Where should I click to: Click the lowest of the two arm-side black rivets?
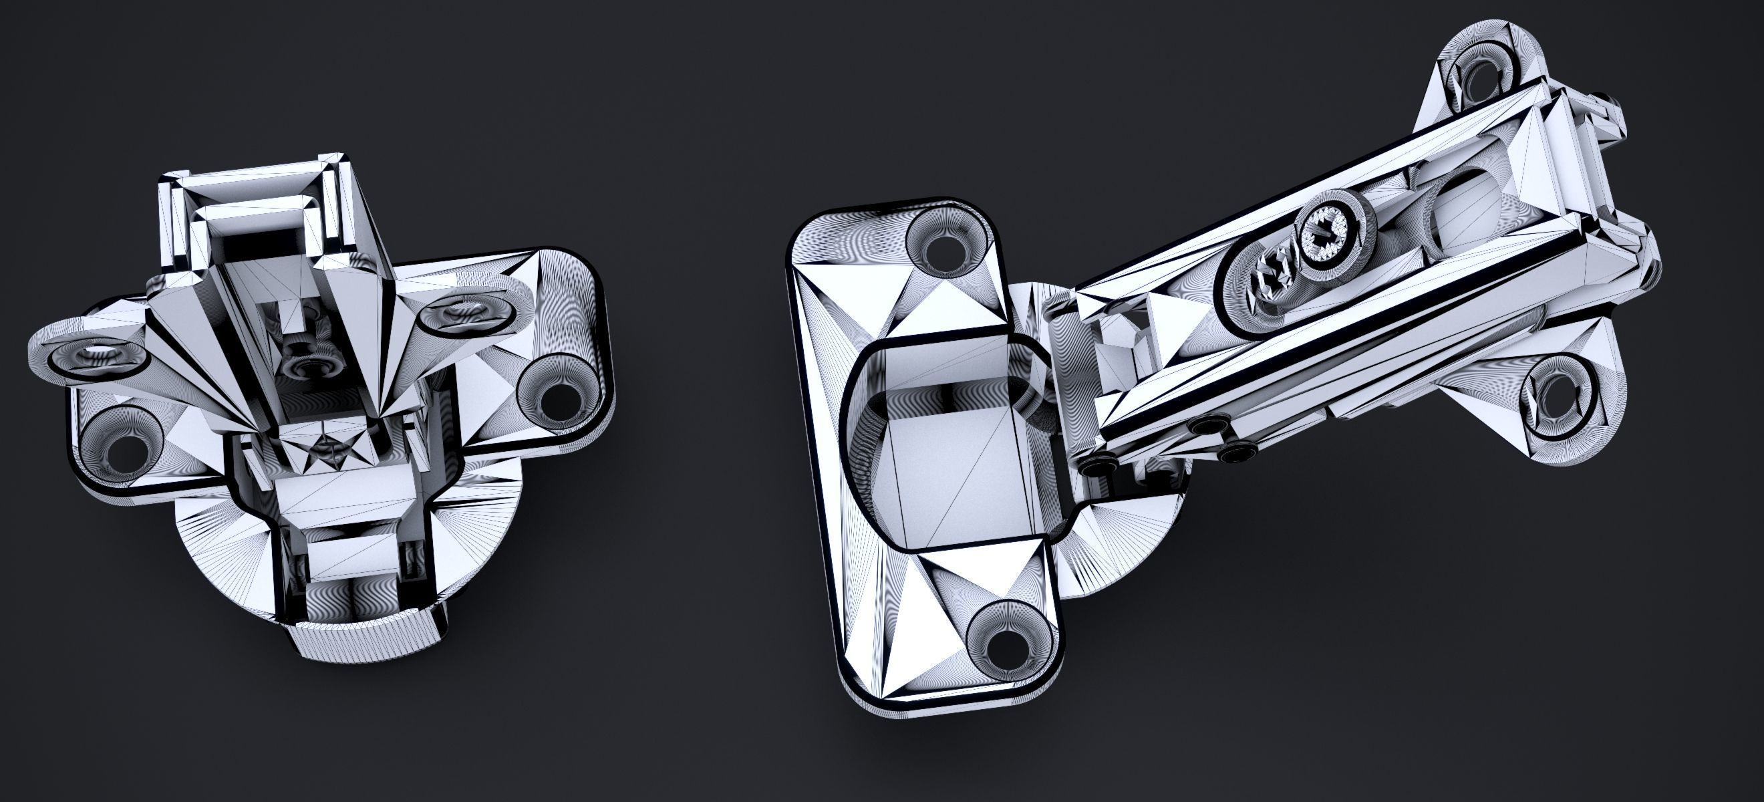coord(1238,452)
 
